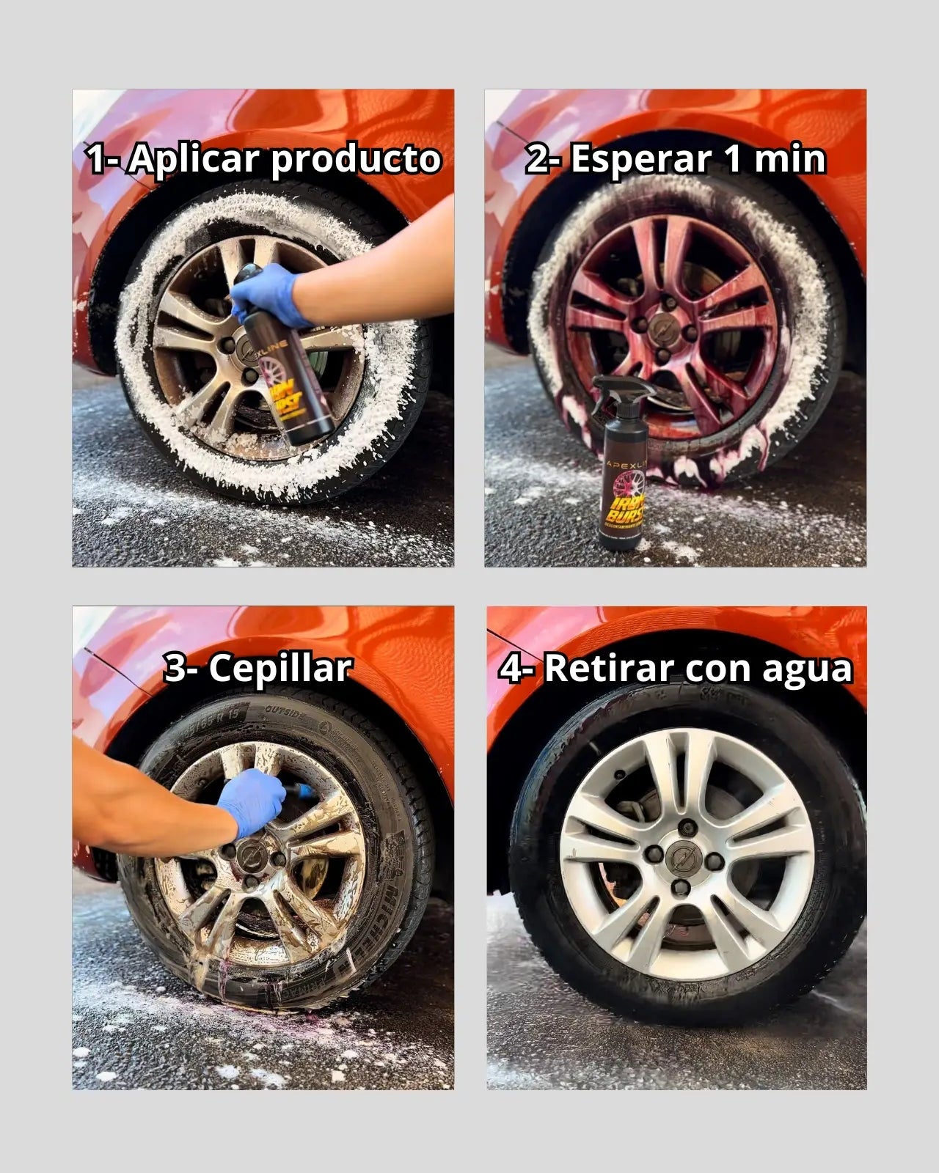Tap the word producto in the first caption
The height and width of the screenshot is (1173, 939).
click(356, 161)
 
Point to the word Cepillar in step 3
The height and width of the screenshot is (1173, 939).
click(279, 669)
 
